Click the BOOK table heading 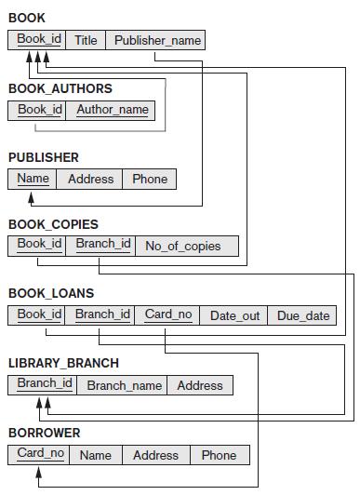[x=26, y=18]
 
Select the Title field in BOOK [x=86, y=40]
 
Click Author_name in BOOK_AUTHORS [x=112, y=110]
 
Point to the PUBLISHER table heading [x=43, y=157]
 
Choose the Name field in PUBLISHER [x=33, y=179]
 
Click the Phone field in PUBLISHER [x=150, y=179]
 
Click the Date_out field [x=234, y=315]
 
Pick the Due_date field [x=303, y=315]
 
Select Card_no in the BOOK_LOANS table [x=168, y=314]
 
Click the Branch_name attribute [x=125, y=385]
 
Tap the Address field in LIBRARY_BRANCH [x=200, y=385]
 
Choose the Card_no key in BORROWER [x=40, y=454]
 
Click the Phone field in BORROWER [x=219, y=455]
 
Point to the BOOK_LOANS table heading [x=51, y=293]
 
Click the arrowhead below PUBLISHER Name [x=33, y=197]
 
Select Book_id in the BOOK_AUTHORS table [x=40, y=110]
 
